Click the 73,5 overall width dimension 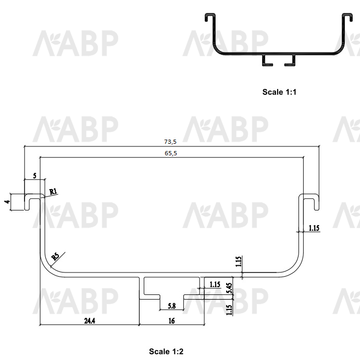[170, 142]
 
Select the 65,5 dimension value [171, 153]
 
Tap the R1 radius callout [53, 191]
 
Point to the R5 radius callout [55, 256]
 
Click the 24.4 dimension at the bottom [90, 321]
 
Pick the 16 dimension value [171, 321]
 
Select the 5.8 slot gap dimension [172, 306]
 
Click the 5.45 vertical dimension [229, 288]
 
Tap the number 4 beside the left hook [7, 202]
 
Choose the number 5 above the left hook [35, 176]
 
